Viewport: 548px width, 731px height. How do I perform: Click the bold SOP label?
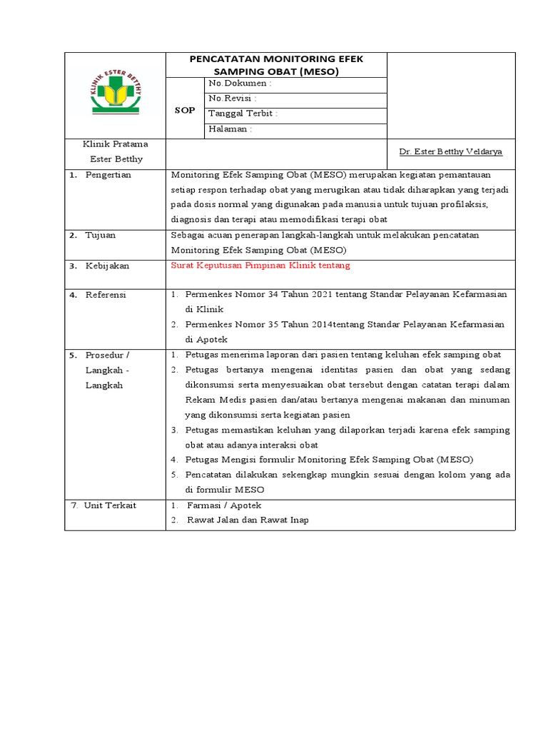click(185, 111)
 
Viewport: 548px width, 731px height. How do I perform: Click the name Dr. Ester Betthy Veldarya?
click(450, 152)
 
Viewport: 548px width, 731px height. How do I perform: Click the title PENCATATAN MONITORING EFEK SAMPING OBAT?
click(276, 64)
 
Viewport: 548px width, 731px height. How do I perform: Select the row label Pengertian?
click(108, 175)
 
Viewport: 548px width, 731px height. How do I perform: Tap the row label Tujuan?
click(101, 235)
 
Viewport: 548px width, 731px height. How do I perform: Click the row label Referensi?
click(106, 295)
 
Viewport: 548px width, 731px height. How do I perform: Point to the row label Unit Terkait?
click(110, 505)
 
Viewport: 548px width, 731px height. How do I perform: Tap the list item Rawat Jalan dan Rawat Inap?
click(248, 520)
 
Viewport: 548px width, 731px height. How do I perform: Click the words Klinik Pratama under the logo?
click(116, 144)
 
